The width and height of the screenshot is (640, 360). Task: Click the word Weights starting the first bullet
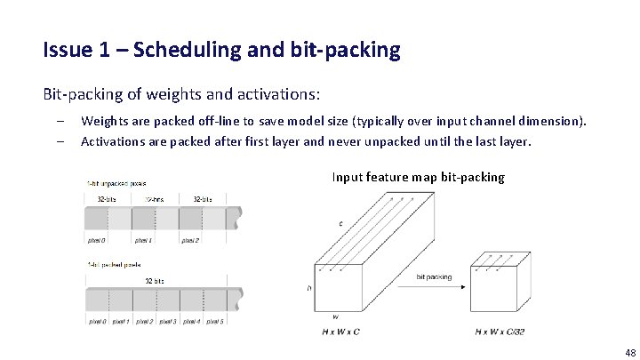pyautogui.click(x=104, y=121)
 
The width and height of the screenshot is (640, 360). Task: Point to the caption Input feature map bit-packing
pyautogui.click(x=418, y=177)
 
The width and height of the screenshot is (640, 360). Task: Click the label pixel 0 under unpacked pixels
pyautogui.click(x=97, y=240)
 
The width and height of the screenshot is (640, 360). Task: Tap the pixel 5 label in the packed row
pyautogui.click(x=214, y=321)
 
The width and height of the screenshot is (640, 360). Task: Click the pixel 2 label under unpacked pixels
pyautogui.click(x=191, y=240)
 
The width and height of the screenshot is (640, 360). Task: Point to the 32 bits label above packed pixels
pyautogui.click(x=155, y=281)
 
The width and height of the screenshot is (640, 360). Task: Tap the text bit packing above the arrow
pyautogui.click(x=433, y=276)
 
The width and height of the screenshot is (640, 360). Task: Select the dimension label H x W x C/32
pyautogui.click(x=500, y=332)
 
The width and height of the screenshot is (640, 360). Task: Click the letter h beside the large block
pyautogui.click(x=309, y=288)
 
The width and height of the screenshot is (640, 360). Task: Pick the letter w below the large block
pyautogui.click(x=335, y=316)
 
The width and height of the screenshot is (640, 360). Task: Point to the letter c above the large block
pyautogui.click(x=340, y=223)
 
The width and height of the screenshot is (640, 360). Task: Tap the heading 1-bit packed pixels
pyautogui.click(x=114, y=265)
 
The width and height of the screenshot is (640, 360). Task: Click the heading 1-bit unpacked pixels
pyautogui.click(x=117, y=183)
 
